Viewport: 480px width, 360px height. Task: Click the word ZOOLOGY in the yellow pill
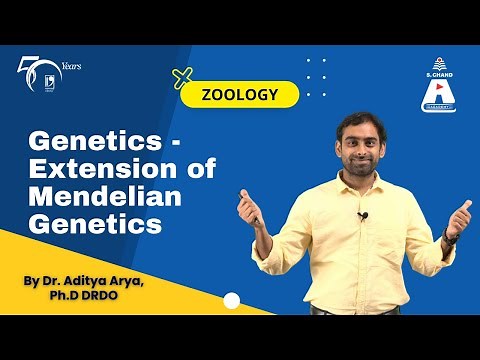239,95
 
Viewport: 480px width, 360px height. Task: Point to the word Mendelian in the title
96,198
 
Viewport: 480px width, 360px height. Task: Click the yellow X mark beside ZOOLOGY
182,78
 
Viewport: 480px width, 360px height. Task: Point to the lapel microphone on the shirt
363,215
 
